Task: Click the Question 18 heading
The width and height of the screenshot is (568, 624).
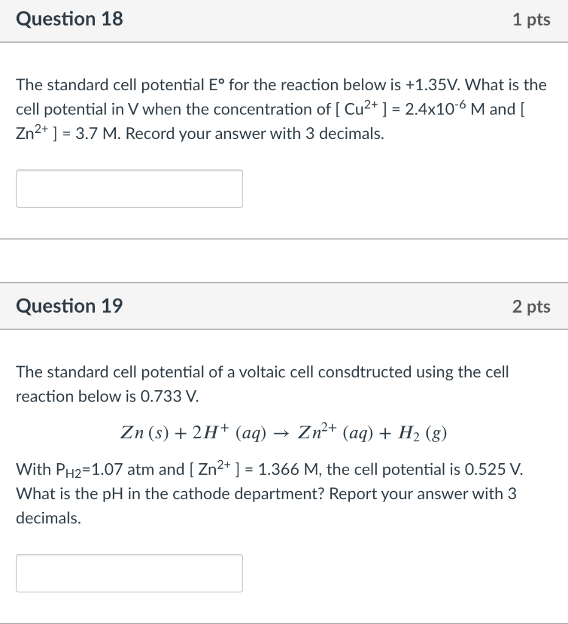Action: click(69, 19)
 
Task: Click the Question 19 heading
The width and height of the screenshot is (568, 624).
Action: click(69, 306)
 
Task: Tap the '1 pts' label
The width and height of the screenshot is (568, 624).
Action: click(531, 20)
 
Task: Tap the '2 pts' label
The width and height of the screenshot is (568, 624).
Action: click(531, 307)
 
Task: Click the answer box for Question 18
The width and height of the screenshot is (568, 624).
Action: click(129, 189)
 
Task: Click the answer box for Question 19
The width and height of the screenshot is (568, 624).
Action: click(129, 573)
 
